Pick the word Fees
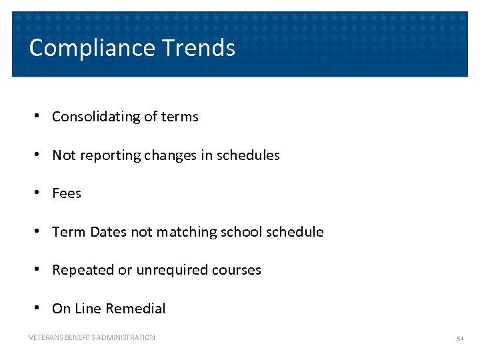(x=67, y=193)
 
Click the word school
(x=241, y=232)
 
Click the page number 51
(x=459, y=338)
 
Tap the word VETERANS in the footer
(x=45, y=338)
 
